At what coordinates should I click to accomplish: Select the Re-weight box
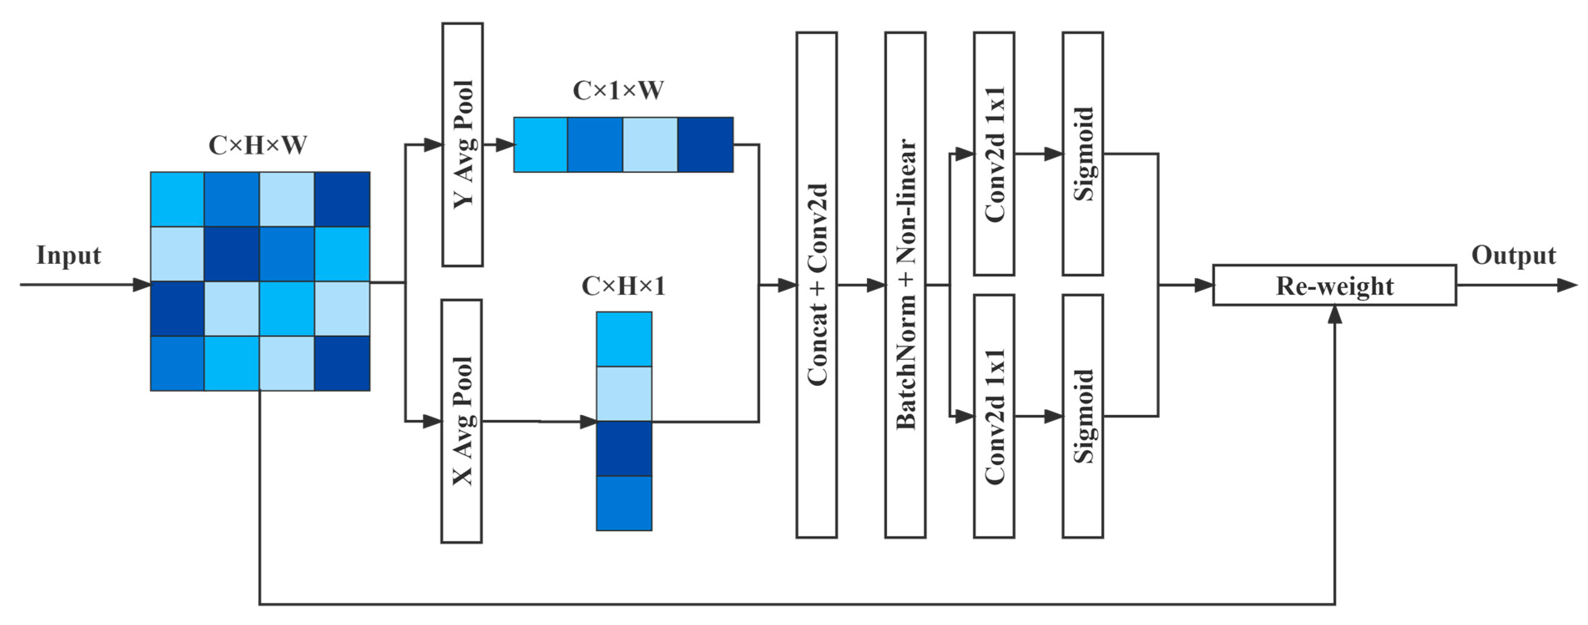(x=1334, y=285)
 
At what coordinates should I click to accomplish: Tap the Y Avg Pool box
(x=462, y=144)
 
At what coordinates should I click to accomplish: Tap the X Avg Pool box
(x=462, y=421)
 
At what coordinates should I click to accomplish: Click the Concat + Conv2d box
(x=816, y=285)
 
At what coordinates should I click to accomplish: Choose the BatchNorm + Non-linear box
(x=905, y=285)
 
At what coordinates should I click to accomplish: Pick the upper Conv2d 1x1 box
(x=994, y=154)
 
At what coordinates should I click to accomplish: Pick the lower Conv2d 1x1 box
(x=994, y=416)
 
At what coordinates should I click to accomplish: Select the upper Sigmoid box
(x=1082, y=154)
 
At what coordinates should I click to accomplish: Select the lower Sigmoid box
(x=1082, y=416)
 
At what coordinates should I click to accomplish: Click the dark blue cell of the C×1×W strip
(x=705, y=144)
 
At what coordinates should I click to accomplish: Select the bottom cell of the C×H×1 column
(x=624, y=503)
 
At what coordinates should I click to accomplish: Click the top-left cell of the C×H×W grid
(x=178, y=199)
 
